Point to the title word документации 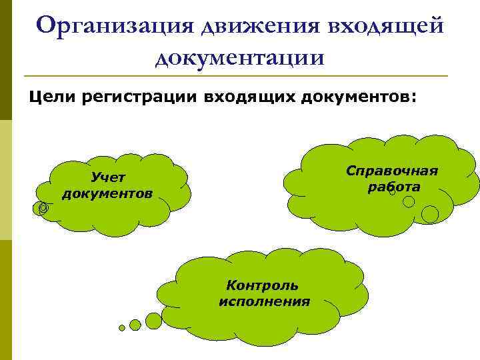tap(240, 57)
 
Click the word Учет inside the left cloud tap(107, 177)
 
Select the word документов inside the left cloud tap(107, 193)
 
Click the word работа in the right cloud tap(393, 187)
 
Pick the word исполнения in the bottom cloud tap(264, 301)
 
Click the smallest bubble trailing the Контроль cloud tap(122, 328)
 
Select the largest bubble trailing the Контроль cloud tap(153, 321)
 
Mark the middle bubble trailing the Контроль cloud tap(135, 325)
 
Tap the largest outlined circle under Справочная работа tap(430, 214)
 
